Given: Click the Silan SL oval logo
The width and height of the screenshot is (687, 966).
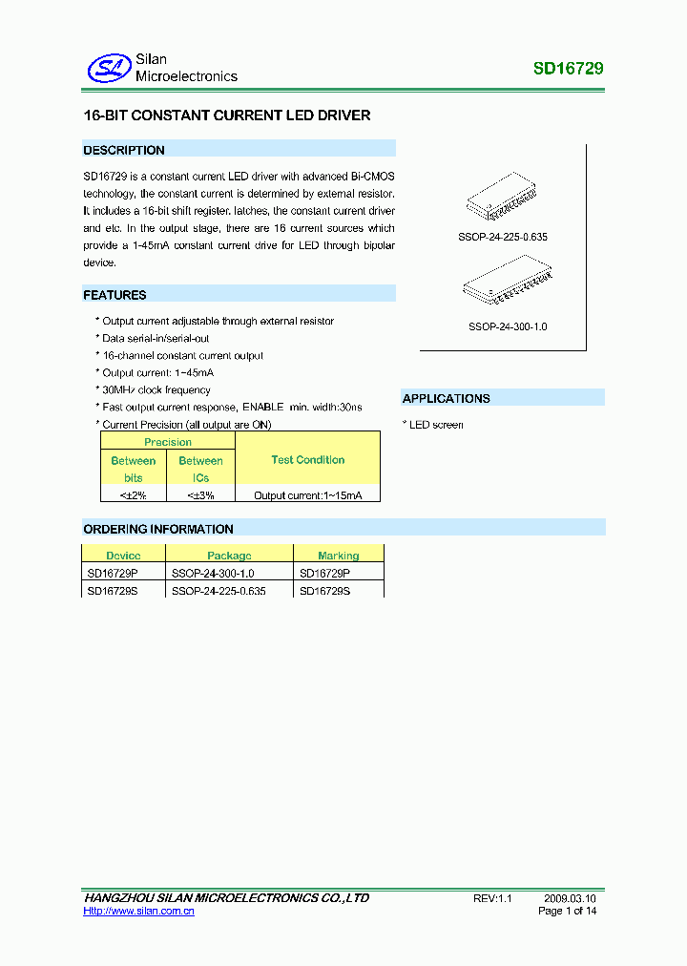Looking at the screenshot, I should (x=108, y=68).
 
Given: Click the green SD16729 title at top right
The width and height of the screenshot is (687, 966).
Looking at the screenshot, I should (x=568, y=69).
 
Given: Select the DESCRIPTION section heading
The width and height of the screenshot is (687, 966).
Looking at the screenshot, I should (x=124, y=150).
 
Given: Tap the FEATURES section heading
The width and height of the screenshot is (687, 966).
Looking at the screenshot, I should (x=114, y=295).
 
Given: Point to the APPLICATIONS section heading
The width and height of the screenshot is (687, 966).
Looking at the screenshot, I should (x=446, y=398).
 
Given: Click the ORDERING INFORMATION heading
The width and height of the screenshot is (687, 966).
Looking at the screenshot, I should (x=158, y=529).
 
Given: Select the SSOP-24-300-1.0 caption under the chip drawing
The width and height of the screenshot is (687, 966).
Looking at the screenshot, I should (x=508, y=326).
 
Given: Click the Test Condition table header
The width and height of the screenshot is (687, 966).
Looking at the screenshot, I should (x=307, y=459).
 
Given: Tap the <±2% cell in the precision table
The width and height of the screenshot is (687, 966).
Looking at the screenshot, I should (x=133, y=494).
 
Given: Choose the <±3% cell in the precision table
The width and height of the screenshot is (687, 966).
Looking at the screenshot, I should (x=200, y=494).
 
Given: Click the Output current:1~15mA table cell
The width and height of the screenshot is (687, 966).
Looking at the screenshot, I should (x=307, y=494).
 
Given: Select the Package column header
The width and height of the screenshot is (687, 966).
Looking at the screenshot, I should (x=229, y=555).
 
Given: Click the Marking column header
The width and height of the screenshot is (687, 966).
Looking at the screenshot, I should (x=338, y=555).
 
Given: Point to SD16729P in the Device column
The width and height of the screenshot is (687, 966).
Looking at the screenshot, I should (x=113, y=573).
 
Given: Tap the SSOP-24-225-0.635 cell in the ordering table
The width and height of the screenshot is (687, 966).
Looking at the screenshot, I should (x=219, y=591).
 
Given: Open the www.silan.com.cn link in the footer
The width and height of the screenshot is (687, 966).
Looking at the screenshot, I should (x=139, y=912).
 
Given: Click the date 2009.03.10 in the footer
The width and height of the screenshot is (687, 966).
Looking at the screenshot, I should (x=570, y=898).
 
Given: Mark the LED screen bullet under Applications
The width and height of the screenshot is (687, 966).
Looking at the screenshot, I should (x=435, y=424).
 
